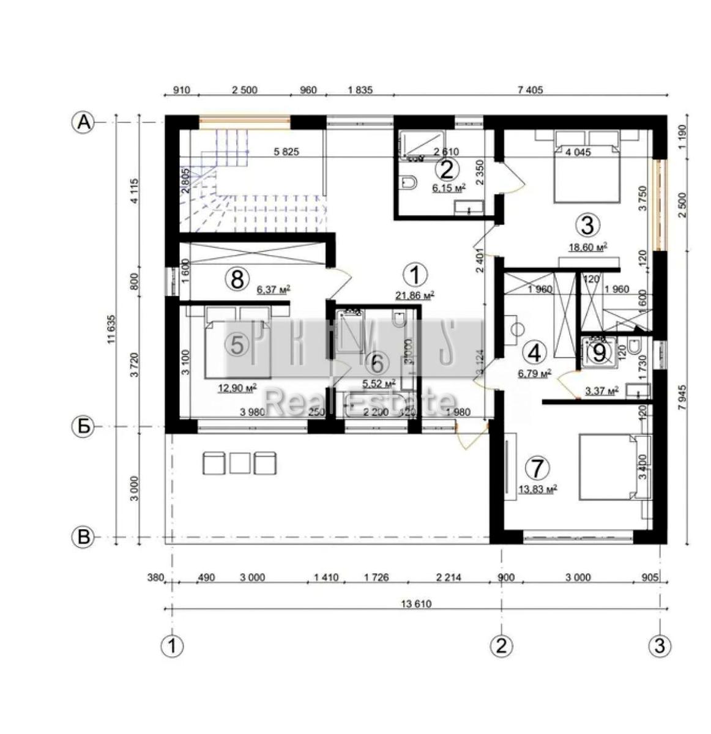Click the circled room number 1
coord(415,275)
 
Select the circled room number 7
coord(537,469)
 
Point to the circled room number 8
coord(237,279)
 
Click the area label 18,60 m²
coord(587,246)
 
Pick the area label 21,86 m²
coord(415,295)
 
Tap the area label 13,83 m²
coord(537,489)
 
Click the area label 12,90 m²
coord(237,387)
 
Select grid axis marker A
coord(83,122)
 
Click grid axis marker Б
coord(83,426)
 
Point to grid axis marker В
coord(83,538)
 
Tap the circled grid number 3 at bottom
coord(660,646)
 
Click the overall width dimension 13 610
coord(416,604)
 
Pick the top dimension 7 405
coord(530,91)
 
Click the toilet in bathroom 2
coord(409,182)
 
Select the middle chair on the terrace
coord(240,463)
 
